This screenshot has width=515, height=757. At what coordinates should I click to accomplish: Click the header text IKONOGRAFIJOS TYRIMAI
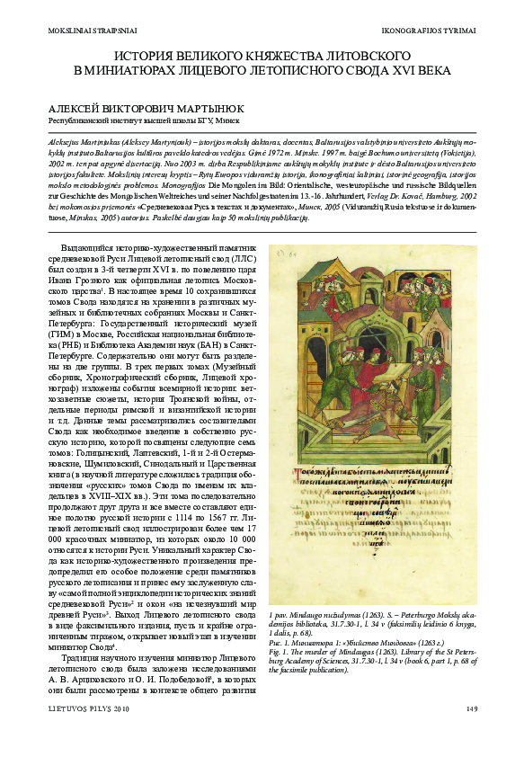tap(429, 31)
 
